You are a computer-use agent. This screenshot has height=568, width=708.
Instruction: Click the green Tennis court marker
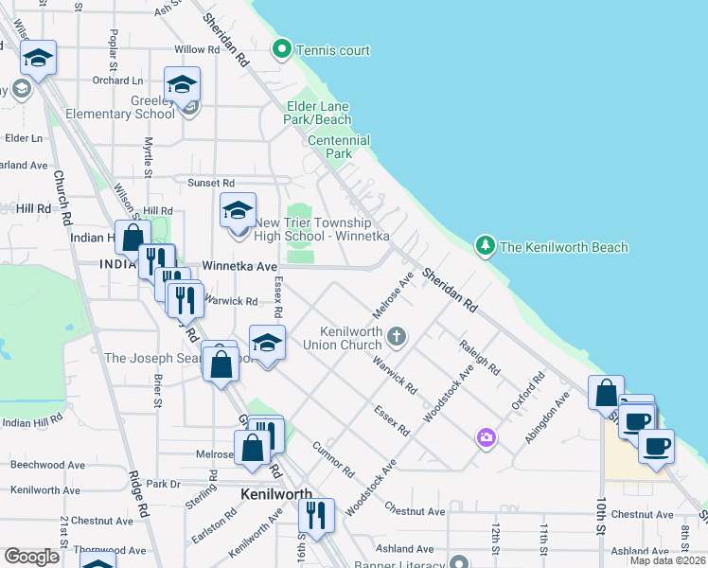click(x=281, y=49)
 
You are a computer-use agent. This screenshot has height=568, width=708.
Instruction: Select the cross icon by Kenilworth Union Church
click(x=398, y=336)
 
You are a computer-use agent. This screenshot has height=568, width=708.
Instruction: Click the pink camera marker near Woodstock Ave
click(x=487, y=436)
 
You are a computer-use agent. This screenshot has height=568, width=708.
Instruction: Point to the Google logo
click(x=32, y=557)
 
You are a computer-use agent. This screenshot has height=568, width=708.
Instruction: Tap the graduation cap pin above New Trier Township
click(x=237, y=210)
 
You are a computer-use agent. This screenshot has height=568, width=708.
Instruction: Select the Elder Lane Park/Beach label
click(x=319, y=113)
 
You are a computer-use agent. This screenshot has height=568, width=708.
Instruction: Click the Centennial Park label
click(x=330, y=147)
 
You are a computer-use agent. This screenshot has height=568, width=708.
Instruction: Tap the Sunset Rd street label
click(x=211, y=183)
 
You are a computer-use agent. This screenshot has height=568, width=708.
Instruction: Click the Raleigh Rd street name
click(x=478, y=358)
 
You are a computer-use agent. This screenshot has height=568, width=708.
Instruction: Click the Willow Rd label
click(x=197, y=49)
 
